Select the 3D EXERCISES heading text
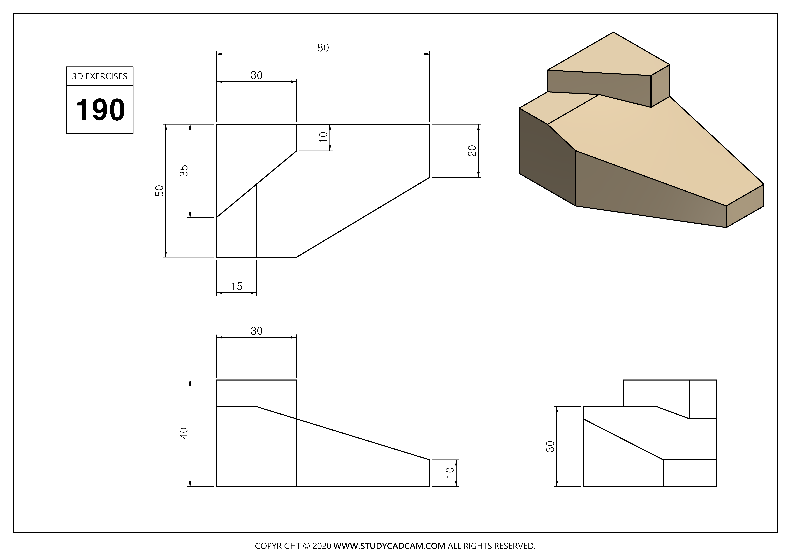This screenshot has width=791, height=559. tap(100, 77)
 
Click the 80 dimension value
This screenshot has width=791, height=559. tap(323, 48)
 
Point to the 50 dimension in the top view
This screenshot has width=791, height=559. tap(160, 190)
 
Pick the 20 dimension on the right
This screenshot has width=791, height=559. tap(472, 151)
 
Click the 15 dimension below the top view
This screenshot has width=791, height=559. tap(237, 286)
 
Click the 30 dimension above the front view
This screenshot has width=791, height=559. tap(256, 331)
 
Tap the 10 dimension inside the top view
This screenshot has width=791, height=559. tap(323, 137)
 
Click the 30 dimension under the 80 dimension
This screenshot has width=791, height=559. tap(256, 75)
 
